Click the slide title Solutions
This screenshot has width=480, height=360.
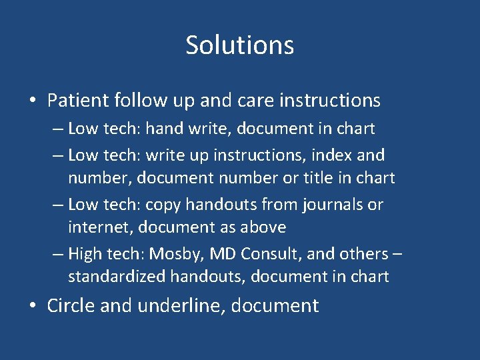pyautogui.click(x=239, y=45)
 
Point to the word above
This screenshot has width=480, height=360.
pyautogui.click(x=263, y=227)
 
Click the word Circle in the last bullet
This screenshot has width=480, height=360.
pyautogui.click(x=70, y=306)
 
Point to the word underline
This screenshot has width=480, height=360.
pyautogui.click(x=183, y=306)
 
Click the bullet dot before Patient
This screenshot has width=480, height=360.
pyautogui.click(x=32, y=101)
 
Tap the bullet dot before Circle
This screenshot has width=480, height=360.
pyautogui.click(x=32, y=307)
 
